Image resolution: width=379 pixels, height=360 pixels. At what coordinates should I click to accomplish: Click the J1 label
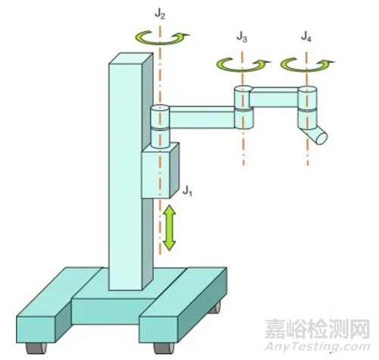(187, 192)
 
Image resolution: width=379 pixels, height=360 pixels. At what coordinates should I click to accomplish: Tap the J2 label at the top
(160, 14)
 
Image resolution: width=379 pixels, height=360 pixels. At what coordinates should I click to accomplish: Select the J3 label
(242, 37)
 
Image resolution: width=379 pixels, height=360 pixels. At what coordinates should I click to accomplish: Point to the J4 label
(306, 37)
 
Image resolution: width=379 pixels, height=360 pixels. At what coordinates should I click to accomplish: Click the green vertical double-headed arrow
(169, 227)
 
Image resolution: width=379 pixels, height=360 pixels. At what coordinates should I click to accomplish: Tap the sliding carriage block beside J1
(160, 171)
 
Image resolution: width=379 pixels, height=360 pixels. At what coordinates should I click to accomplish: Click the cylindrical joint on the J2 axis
(160, 126)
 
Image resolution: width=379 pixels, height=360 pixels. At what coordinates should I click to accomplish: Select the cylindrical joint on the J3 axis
(243, 108)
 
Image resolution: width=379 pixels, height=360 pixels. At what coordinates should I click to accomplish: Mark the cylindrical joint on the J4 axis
(307, 108)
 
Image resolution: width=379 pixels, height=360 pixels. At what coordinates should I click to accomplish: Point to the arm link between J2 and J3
(202, 117)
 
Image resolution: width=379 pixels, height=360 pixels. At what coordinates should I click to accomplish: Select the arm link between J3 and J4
(274, 97)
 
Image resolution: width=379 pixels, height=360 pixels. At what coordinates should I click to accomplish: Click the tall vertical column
(130, 172)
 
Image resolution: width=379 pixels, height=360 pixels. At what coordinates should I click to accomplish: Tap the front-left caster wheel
(36, 348)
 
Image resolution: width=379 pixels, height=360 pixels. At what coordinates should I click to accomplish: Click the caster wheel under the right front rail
(164, 348)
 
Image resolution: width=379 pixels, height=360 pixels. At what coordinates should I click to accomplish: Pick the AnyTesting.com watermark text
(317, 346)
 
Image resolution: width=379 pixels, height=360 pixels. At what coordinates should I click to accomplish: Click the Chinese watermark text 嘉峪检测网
(318, 329)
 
